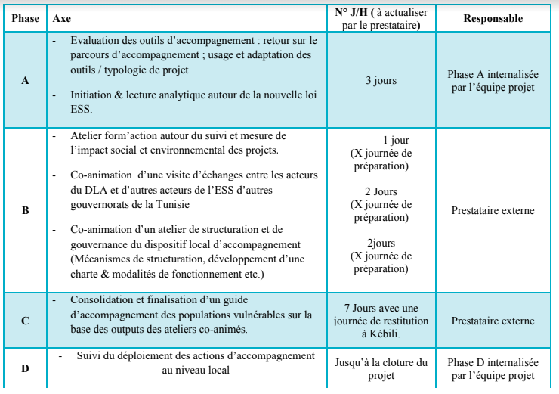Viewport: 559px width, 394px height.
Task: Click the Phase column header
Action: pyautogui.click(x=26, y=17)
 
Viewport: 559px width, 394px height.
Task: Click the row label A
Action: pyautogui.click(x=26, y=80)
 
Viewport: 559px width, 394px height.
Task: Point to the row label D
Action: pyautogui.click(x=26, y=368)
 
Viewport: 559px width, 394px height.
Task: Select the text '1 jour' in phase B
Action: pyautogui.click(x=396, y=141)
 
